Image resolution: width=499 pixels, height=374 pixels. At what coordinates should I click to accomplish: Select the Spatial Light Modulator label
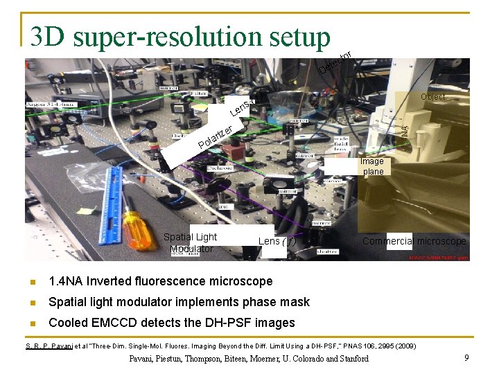point(190,242)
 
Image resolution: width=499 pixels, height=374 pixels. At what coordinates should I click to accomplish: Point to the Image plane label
point(372,166)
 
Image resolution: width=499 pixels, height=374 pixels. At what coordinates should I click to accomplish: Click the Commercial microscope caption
point(414,241)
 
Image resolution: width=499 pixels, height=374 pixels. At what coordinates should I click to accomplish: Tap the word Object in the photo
point(433,97)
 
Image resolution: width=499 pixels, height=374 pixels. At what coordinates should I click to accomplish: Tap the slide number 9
point(467,358)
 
